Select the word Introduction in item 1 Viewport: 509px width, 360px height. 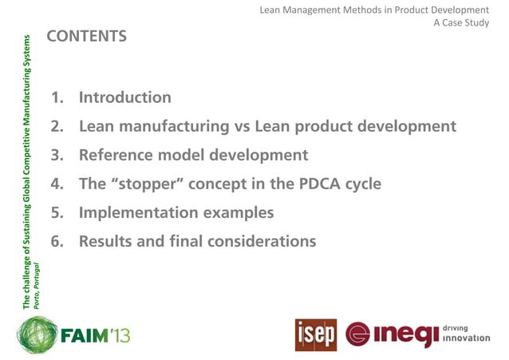click(124, 98)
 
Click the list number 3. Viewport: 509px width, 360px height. click(56, 155)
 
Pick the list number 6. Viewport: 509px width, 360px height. click(56, 241)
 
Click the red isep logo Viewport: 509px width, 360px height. click(315, 334)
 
